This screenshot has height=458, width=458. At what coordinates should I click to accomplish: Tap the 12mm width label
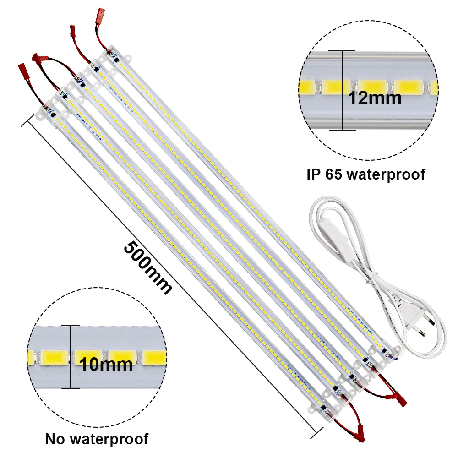coord(375,98)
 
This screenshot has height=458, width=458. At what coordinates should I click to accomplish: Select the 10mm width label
coord(106,365)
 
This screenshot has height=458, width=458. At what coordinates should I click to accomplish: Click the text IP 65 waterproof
coord(365,174)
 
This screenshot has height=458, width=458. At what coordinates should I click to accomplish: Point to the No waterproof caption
coord(97,439)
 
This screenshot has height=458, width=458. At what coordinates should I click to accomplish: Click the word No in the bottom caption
coord(54,439)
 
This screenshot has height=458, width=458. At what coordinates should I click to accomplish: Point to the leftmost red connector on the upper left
coord(22,71)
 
